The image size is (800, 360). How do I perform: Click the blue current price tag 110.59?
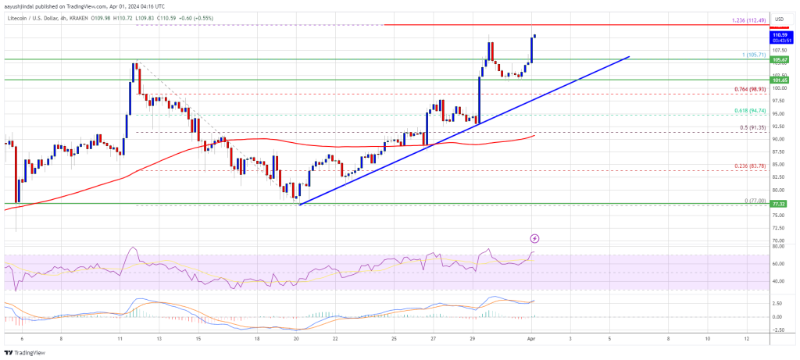pyautogui.click(x=778, y=34)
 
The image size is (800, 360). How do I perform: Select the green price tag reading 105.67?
pyautogui.click(x=778, y=59)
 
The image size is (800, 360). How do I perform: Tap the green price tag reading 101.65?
pyautogui.click(x=778, y=80)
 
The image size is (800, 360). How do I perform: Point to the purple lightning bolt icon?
pyautogui.click(x=534, y=237)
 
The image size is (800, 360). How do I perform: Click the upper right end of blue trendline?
pyautogui.click(x=630, y=56)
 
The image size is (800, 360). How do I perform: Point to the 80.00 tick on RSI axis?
pyautogui.click(x=777, y=247)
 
